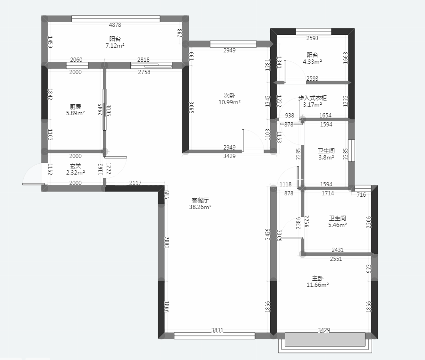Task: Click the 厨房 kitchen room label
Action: pos(76,107)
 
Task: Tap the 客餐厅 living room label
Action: pos(200,200)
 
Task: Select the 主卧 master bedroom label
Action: pos(317,278)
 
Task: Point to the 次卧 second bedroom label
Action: pos(229,96)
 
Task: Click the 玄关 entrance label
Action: pos(76,166)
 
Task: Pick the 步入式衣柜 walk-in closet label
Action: pos(313,98)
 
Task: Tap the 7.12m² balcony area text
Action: pos(115,45)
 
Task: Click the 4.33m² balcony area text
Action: pos(312,61)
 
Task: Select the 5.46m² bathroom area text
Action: pos(338,225)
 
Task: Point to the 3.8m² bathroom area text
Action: pos(326,157)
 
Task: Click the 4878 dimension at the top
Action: pos(115,25)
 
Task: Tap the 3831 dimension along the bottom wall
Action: pos(217,330)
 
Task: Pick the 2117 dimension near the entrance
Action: pos(135,183)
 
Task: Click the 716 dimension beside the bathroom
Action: pos(361,194)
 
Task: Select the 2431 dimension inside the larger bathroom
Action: pos(338,250)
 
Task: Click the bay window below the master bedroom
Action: pos(325,343)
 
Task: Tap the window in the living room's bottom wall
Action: pos(214,336)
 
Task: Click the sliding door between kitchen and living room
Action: pos(105,110)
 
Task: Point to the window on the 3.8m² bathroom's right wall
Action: pos(351,151)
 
